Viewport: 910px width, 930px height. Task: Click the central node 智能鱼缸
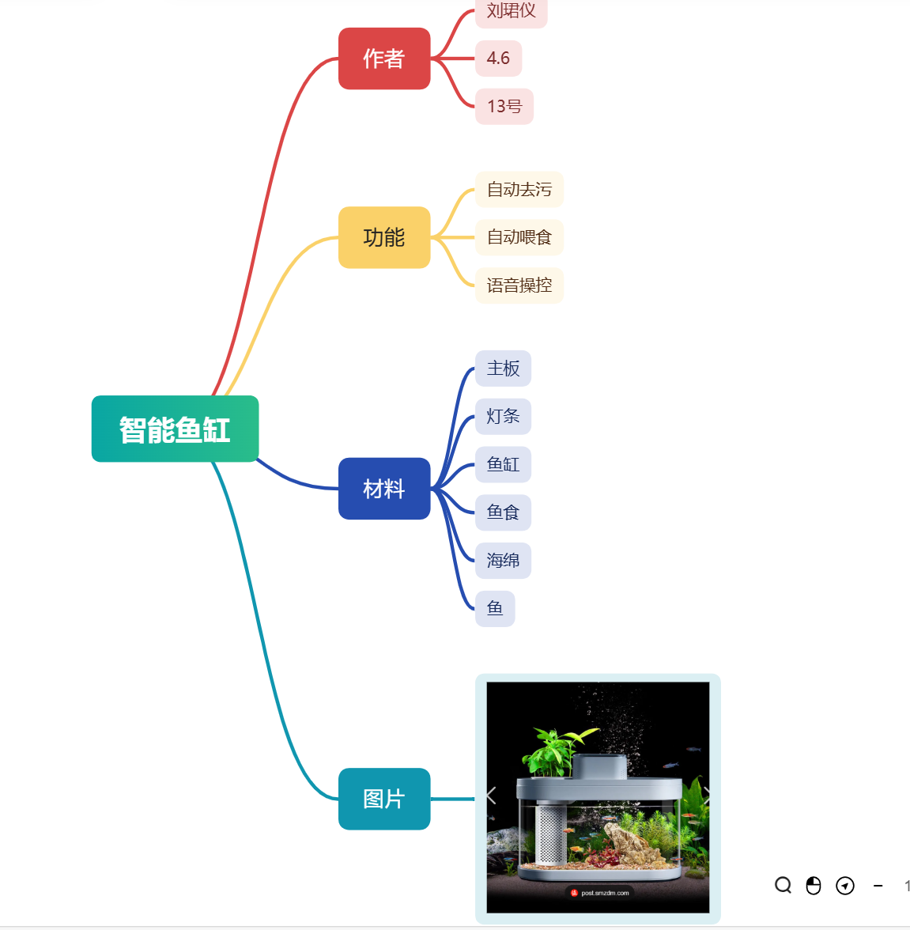pos(175,429)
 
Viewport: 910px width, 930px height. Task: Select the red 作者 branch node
pos(384,59)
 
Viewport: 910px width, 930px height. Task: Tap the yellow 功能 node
pos(384,237)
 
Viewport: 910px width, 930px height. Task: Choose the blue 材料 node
pos(384,489)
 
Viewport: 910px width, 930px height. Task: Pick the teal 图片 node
pos(384,799)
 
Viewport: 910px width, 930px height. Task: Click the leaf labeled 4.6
pos(498,59)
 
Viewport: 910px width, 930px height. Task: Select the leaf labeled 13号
pos(504,107)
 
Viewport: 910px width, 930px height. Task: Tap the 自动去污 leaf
pos(519,190)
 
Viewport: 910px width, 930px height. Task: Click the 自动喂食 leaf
pos(519,237)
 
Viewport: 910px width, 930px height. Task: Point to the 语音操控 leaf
pos(519,285)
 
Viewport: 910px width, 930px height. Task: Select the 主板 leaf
pos(503,369)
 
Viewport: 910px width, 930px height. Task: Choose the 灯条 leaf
pos(503,417)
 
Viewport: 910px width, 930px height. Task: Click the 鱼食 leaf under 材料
pos(503,512)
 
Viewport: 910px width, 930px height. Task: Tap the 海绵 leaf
pos(503,561)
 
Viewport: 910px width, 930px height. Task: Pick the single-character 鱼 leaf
pos(495,608)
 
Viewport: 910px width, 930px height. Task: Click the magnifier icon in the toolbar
pos(783,885)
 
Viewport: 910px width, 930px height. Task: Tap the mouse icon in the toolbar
pos(814,885)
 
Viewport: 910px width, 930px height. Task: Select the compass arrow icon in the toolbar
pos(845,885)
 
